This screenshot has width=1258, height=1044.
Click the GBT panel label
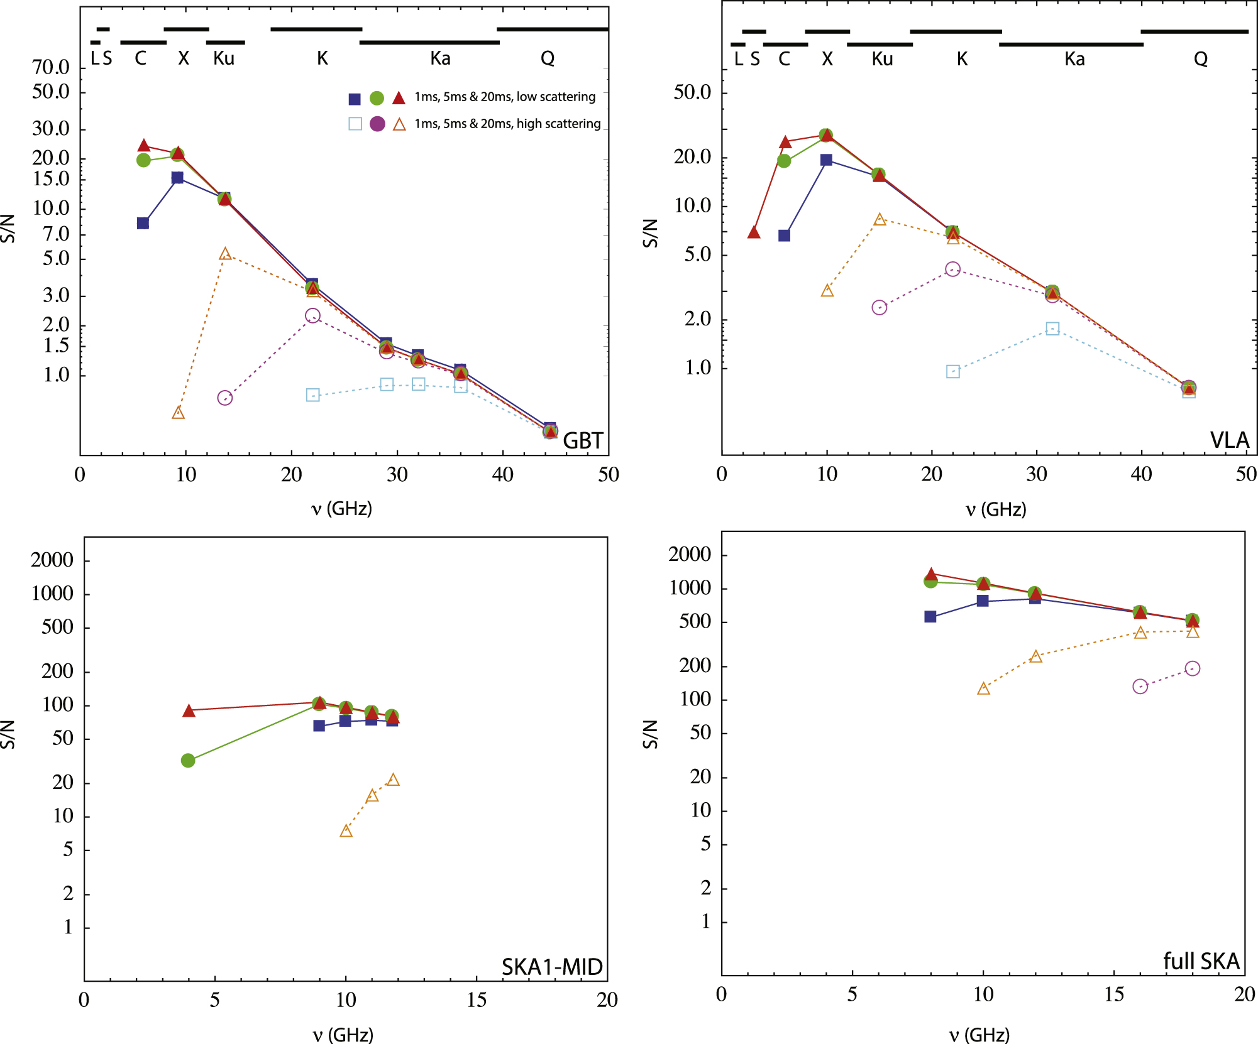[x=583, y=441]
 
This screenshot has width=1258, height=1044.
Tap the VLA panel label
[x=1229, y=440]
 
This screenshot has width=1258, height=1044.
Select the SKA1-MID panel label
[x=552, y=967]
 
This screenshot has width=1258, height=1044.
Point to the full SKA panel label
[x=1201, y=962]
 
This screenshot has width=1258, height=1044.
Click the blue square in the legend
[x=355, y=99]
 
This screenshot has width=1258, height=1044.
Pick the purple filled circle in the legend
[x=377, y=124]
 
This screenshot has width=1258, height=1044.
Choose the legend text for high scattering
[x=507, y=124]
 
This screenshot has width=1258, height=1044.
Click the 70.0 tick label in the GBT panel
[x=51, y=67]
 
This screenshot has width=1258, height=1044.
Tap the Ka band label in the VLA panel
[x=1074, y=59]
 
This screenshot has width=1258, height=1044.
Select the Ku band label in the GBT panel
[x=224, y=58]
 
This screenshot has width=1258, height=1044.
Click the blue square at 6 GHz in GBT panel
[x=143, y=224]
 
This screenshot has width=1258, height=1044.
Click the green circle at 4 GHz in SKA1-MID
[x=188, y=761]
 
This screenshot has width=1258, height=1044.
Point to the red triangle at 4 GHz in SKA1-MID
[x=189, y=711]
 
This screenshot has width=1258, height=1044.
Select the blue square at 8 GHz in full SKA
[x=930, y=617]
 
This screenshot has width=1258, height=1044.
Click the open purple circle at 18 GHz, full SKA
[x=1193, y=668]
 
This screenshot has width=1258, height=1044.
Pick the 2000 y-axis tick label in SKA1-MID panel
[x=52, y=560]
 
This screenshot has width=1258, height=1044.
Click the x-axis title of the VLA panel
[x=996, y=509]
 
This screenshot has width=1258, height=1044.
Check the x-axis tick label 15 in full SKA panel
[x=1113, y=994]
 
